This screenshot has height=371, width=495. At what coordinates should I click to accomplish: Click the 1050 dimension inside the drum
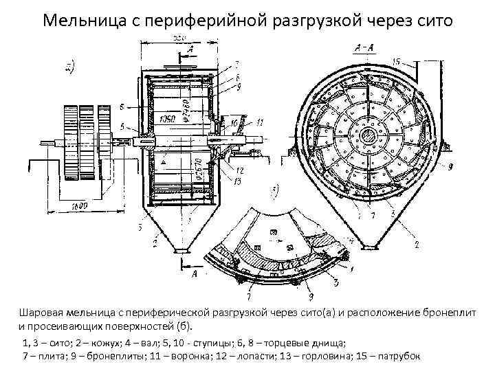coord(166,120)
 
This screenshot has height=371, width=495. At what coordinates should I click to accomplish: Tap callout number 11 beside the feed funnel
coord(260,122)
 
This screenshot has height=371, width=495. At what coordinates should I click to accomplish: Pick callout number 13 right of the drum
coord(237,180)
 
